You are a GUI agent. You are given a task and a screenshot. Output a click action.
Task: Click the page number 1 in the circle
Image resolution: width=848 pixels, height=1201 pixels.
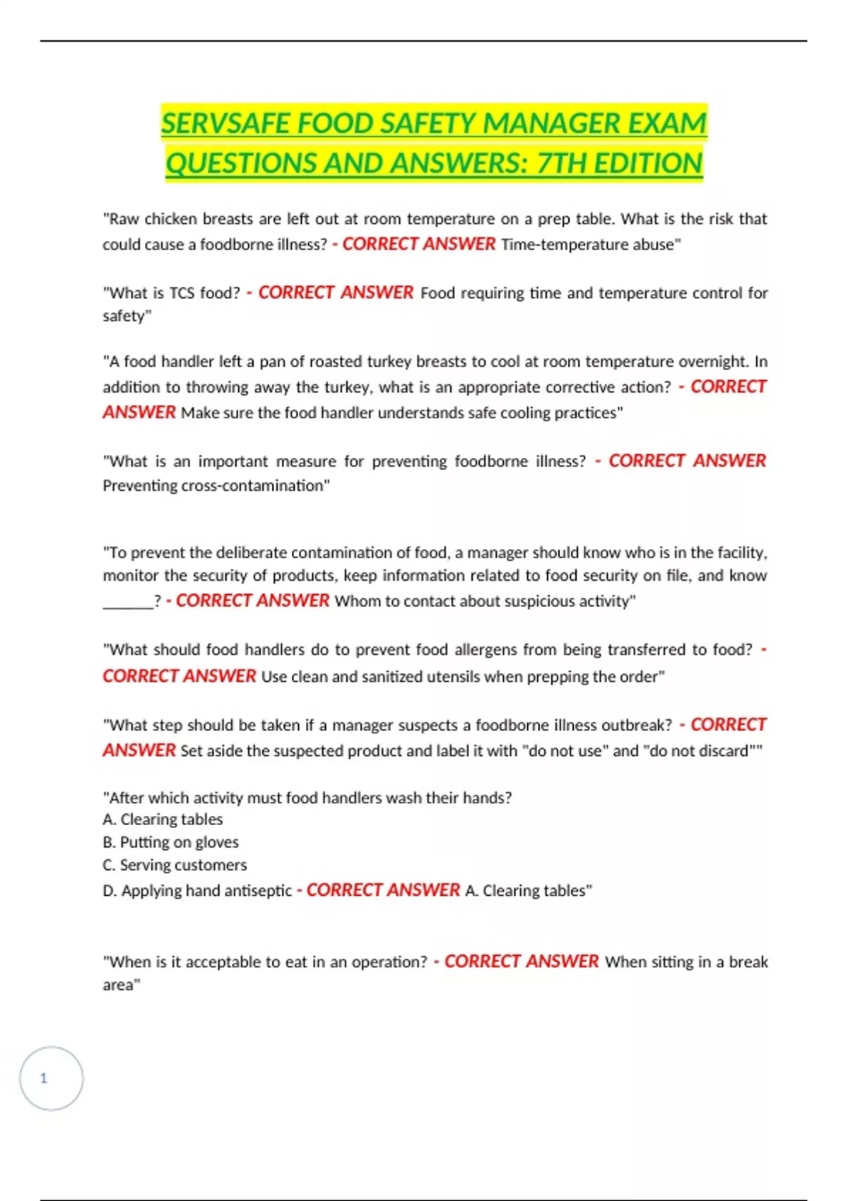(44, 1078)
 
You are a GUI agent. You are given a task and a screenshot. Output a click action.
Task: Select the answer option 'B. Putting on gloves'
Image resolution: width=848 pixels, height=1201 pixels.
(170, 842)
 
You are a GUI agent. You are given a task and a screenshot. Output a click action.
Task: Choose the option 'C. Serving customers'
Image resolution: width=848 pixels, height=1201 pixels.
(175, 865)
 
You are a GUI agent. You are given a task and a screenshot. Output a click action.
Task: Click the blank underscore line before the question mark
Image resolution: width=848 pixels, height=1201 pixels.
(128, 602)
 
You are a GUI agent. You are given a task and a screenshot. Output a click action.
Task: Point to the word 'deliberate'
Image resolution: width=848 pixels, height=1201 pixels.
(251, 552)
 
